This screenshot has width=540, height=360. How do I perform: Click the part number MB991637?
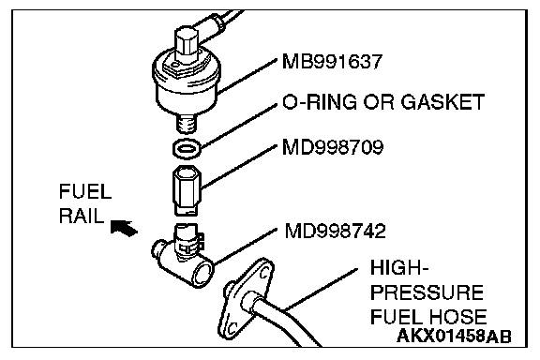point(332,62)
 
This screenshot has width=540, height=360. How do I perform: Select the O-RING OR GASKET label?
point(383,102)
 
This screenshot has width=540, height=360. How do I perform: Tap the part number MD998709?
point(333,147)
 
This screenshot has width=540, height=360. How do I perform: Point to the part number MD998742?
point(335,231)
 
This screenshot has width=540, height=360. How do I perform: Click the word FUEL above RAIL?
point(85,191)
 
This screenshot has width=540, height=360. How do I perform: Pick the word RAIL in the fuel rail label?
point(82,216)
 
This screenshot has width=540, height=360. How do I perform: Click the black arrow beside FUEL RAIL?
point(124,228)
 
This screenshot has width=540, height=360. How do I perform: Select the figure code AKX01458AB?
point(454,336)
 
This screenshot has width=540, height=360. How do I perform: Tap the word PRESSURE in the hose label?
point(427,292)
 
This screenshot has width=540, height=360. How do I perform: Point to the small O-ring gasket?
point(187,149)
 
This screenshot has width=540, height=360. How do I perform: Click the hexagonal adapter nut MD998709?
point(187,190)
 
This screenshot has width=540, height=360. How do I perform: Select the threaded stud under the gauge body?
point(187,124)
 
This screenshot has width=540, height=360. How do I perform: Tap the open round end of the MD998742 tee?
point(203,273)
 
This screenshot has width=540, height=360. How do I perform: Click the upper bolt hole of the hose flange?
point(264,273)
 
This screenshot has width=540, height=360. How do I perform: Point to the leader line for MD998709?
point(239,167)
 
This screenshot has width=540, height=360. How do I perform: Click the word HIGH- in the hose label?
point(399,268)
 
